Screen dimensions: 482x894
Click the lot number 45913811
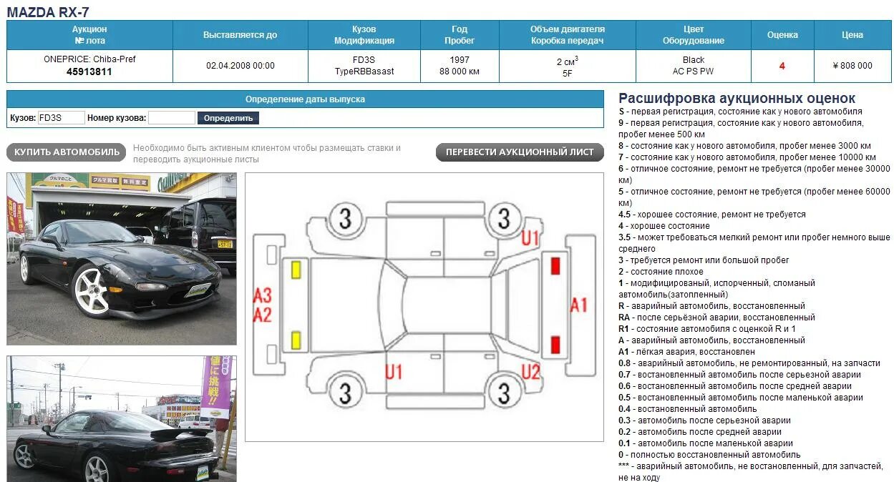point(89,72)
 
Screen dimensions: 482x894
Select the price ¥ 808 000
point(852,66)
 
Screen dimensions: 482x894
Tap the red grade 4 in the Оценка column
point(782,66)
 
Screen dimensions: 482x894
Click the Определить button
point(228,118)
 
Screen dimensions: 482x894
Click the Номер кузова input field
point(171,118)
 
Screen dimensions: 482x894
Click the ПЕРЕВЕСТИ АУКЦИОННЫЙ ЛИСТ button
point(520,152)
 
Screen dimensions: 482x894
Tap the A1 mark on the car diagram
point(578,305)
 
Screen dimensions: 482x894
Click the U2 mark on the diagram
point(530,372)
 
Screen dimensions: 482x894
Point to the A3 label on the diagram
point(263,295)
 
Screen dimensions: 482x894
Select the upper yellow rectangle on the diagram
point(296,270)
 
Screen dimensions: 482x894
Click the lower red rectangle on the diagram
point(555,345)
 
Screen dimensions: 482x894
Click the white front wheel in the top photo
point(92,290)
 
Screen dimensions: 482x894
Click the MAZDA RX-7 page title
point(48,11)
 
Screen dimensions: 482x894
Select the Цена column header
point(852,35)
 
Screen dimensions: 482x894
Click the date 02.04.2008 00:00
point(240,66)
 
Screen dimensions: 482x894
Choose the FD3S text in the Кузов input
point(51,118)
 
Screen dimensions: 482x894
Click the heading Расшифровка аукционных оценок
point(737,99)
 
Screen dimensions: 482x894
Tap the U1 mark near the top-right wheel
point(530,238)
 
